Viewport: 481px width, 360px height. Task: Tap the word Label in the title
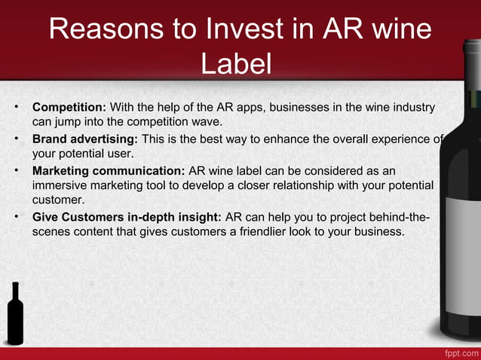pos(236,63)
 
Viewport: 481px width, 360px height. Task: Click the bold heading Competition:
pos(72,106)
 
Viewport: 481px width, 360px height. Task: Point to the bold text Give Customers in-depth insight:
pos(127,217)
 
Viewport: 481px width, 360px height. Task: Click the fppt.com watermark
pos(458,352)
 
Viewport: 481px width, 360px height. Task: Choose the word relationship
pos(310,185)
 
